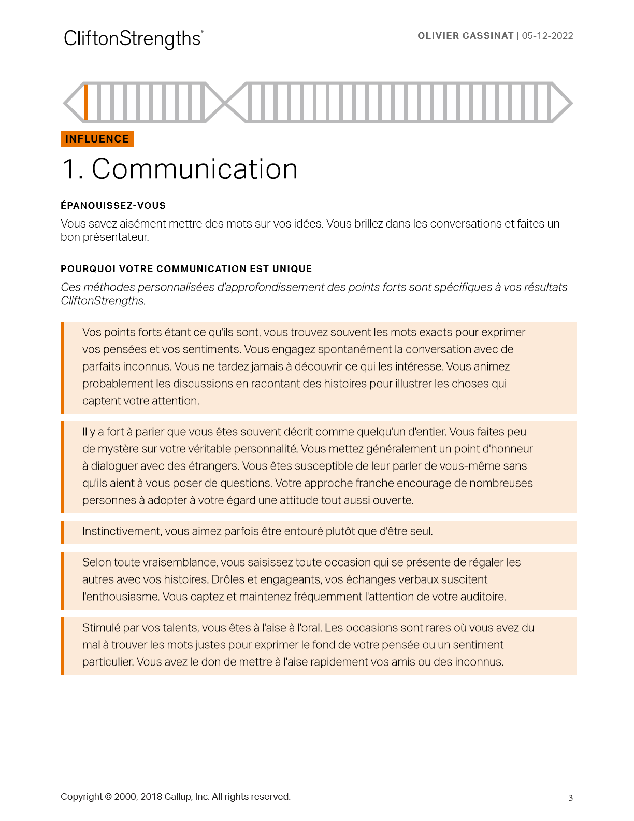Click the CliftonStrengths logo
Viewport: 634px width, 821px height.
pos(133,39)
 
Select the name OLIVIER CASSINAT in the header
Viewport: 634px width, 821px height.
pos(465,36)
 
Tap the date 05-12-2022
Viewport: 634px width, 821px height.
pos(547,36)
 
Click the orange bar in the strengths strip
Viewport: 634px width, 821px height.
pos(85,103)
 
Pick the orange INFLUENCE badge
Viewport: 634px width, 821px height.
pos(97,139)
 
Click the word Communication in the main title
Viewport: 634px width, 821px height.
pos(194,169)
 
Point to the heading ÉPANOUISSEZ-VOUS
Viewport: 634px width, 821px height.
pos(113,206)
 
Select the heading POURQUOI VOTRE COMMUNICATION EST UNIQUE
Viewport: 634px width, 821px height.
pos(186,269)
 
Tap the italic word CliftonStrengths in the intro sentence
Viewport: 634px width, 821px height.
pos(103,301)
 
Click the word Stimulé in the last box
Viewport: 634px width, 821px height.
pos(101,628)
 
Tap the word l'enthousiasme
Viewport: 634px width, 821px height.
pos(121,597)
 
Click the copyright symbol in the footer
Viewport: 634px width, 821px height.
pos(108,797)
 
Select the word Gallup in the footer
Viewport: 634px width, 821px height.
pos(178,797)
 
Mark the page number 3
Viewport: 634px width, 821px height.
pos(571,798)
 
